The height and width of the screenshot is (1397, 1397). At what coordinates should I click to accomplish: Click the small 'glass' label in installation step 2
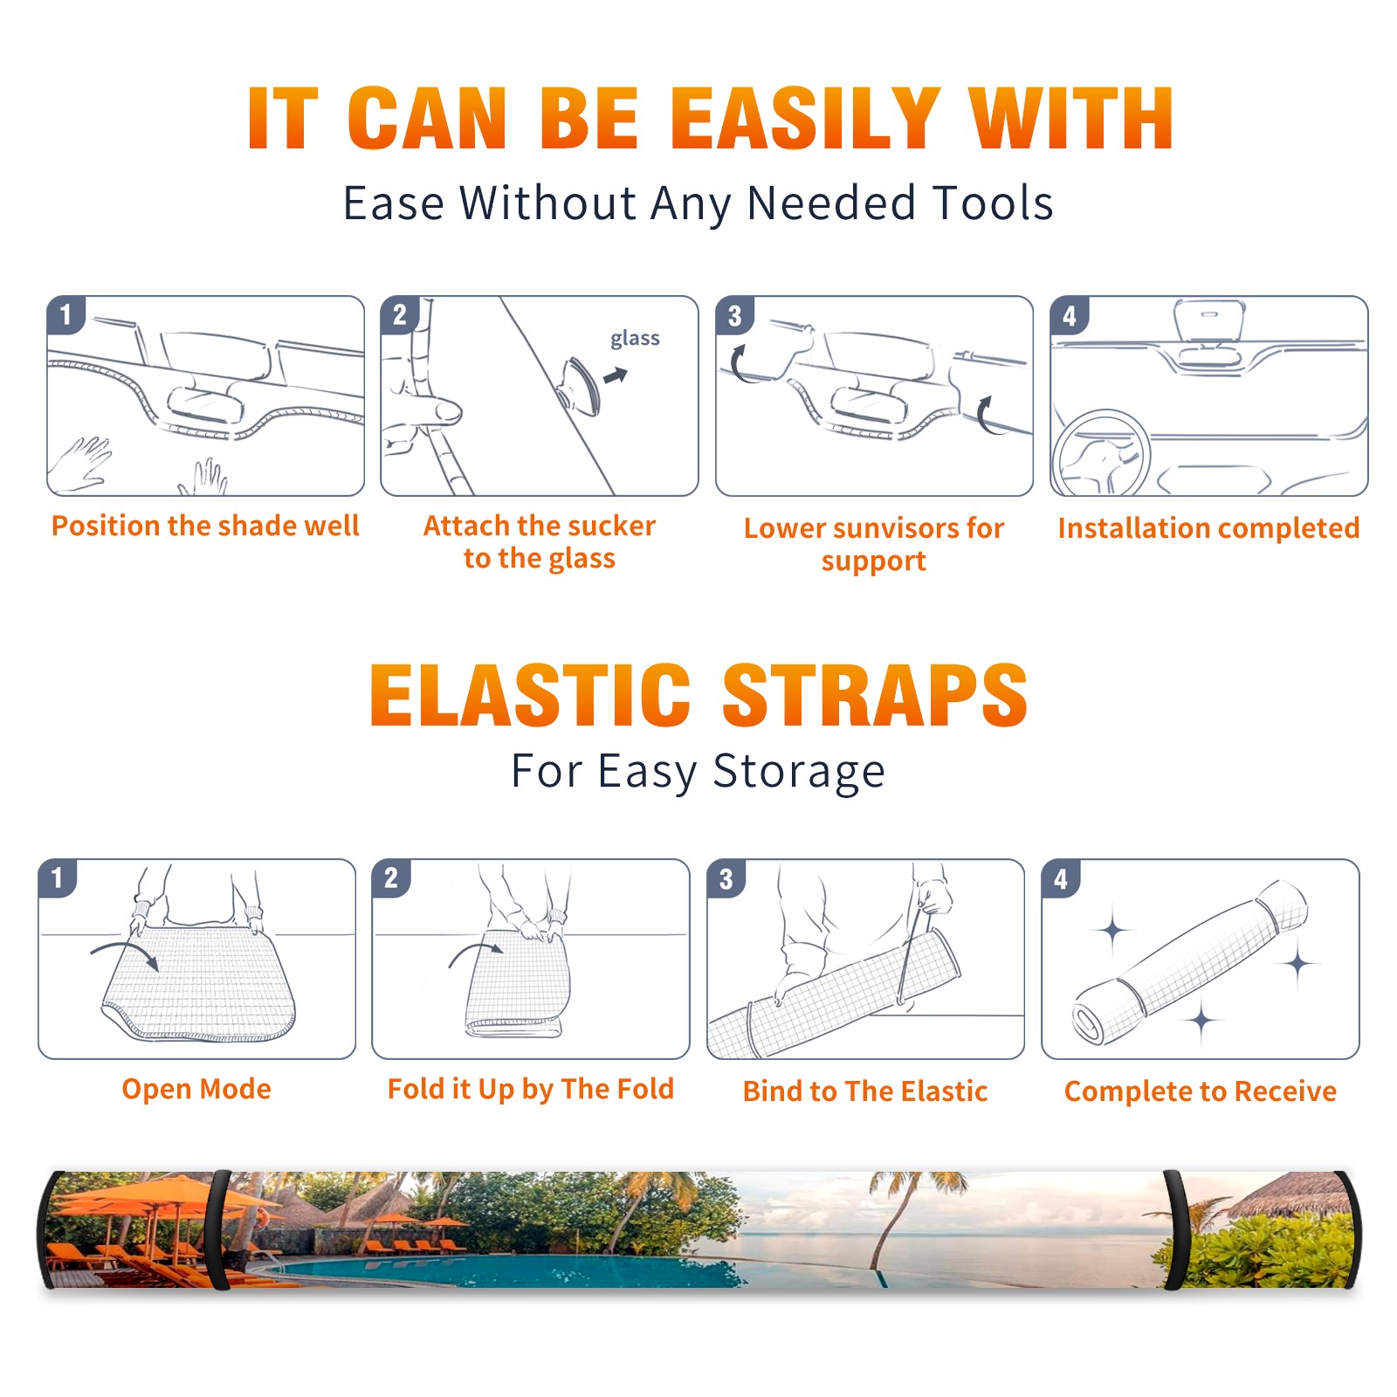pyautogui.click(x=635, y=339)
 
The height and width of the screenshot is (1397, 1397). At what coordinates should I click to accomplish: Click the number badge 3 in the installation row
pyautogui.click(x=734, y=315)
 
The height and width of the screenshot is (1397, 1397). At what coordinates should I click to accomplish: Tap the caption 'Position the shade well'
pyautogui.click(x=205, y=526)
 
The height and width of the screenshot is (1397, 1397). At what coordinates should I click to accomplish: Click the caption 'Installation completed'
pyautogui.click(x=1208, y=527)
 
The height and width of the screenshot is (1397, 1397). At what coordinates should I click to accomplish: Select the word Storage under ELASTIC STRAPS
pyautogui.click(x=799, y=772)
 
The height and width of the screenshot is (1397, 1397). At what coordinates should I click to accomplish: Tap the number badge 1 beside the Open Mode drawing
pyautogui.click(x=58, y=877)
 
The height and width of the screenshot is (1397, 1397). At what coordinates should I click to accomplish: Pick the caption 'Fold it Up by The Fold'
pyautogui.click(x=531, y=1089)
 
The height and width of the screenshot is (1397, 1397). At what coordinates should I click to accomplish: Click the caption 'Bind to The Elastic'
pyautogui.click(x=865, y=1091)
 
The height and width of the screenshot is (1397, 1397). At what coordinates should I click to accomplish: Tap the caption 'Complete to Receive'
pyautogui.click(x=1201, y=1091)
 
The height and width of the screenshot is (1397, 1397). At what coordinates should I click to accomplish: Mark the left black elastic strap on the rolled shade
pyautogui.click(x=219, y=1230)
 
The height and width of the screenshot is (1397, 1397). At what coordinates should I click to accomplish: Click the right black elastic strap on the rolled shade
pyautogui.click(x=1174, y=1230)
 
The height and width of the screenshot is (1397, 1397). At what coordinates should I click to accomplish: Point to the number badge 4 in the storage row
pyautogui.click(x=1061, y=877)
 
